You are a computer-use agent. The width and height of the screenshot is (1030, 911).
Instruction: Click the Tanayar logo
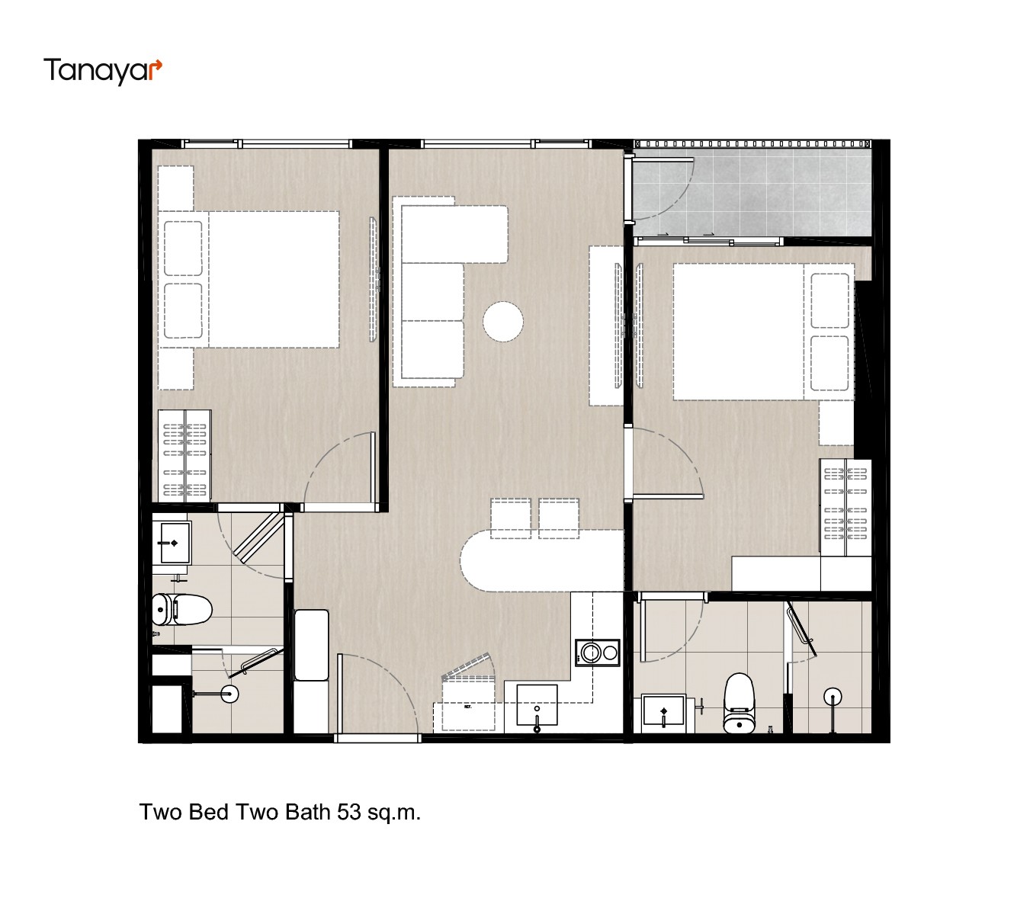[102, 71]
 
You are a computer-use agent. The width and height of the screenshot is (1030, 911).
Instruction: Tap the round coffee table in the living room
[502, 321]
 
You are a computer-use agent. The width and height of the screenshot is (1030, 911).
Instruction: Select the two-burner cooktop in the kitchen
[597, 653]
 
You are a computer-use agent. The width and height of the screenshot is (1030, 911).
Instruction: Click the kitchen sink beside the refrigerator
[537, 704]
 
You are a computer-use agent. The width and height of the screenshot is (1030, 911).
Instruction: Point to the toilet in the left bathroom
[181, 609]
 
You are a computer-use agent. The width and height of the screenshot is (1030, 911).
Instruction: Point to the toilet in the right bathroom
[739, 703]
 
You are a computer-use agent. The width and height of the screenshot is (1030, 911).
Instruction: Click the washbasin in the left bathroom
[174, 543]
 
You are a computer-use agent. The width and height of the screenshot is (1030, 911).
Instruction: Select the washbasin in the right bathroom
[663, 711]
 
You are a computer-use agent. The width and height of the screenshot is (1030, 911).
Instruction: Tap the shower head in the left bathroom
[229, 694]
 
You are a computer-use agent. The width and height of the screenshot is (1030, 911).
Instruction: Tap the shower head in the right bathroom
[833, 697]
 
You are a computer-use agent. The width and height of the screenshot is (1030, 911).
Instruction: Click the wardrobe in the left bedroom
[185, 456]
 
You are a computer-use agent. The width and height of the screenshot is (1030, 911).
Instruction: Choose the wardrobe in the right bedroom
[845, 507]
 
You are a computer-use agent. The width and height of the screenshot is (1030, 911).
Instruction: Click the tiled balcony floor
[752, 192]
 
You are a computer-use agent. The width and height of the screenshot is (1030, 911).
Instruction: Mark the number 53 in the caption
[348, 812]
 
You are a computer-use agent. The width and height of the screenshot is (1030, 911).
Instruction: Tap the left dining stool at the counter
[510, 518]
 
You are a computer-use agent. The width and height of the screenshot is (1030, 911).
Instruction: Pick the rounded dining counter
[541, 561]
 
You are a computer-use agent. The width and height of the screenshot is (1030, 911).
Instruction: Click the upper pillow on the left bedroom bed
[183, 248]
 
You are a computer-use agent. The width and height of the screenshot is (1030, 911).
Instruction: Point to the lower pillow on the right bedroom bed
[829, 363]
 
